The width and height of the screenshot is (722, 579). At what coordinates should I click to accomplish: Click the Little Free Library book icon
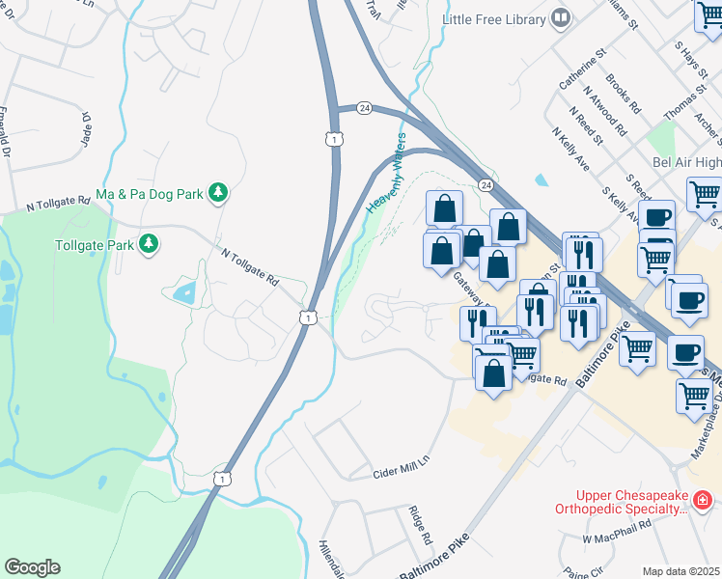(x=559, y=18)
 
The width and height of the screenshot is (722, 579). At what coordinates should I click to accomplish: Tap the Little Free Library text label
(x=493, y=18)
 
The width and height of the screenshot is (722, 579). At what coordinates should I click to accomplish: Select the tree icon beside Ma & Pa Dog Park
(x=219, y=194)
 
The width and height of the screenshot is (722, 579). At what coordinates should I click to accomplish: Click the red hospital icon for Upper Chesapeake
(x=704, y=500)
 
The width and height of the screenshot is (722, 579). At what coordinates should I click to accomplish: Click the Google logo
(x=31, y=567)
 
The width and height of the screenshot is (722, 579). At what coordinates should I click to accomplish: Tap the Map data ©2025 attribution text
(x=680, y=571)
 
